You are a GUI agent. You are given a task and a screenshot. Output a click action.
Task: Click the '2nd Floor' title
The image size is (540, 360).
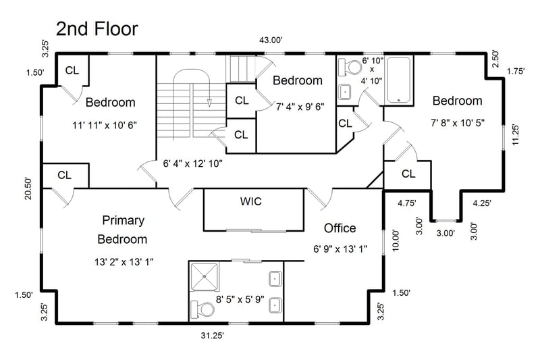pyautogui.click(x=97, y=29)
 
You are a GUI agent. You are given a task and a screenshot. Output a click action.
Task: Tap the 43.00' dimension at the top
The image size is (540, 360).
pyautogui.click(x=271, y=41)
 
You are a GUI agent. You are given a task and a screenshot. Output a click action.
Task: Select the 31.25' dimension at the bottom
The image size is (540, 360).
pyautogui.click(x=213, y=335)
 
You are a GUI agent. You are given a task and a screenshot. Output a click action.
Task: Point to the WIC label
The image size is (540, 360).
pyautogui.click(x=250, y=201)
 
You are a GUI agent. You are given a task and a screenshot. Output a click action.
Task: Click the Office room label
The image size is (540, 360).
pyautogui.click(x=340, y=228)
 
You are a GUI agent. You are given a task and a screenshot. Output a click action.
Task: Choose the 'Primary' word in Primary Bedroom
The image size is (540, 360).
pyautogui.click(x=124, y=220)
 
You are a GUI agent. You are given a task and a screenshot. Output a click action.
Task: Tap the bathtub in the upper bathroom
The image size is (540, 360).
pyautogui.click(x=399, y=80)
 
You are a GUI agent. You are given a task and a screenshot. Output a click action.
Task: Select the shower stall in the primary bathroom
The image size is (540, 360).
pyautogui.click(x=205, y=277)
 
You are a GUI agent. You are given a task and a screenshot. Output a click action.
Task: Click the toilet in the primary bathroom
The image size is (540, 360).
pyautogui.click(x=203, y=309)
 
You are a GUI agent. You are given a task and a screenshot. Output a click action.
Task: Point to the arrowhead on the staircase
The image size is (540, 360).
pyautogui.click(x=209, y=103)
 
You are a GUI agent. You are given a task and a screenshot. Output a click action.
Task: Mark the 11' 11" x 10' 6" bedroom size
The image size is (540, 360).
pyautogui.click(x=105, y=125)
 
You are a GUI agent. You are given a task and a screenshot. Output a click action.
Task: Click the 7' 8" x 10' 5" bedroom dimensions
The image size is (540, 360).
pyautogui.click(x=458, y=123)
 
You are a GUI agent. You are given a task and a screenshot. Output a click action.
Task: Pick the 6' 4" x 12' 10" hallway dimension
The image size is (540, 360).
pyautogui.click(x=192, y=163)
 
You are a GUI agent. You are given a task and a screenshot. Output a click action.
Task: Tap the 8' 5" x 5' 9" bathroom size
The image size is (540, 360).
pyautogui.click(x=240, y=299)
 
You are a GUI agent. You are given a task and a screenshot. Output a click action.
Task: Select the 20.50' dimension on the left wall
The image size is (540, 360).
pyautogui.click(x=28, y=188)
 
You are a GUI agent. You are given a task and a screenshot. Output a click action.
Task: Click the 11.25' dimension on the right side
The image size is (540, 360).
pyautogui.click(x=516, y=134)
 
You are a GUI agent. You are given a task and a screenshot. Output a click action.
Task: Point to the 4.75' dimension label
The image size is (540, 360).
pyautogui.click(x=407, y=203)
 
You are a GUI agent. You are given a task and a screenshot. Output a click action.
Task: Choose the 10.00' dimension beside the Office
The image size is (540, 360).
pyautogui.click(x=396, y=240)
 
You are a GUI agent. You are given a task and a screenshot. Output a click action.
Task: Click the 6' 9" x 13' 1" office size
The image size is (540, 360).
pyautogui.click(x=340, y=249)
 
